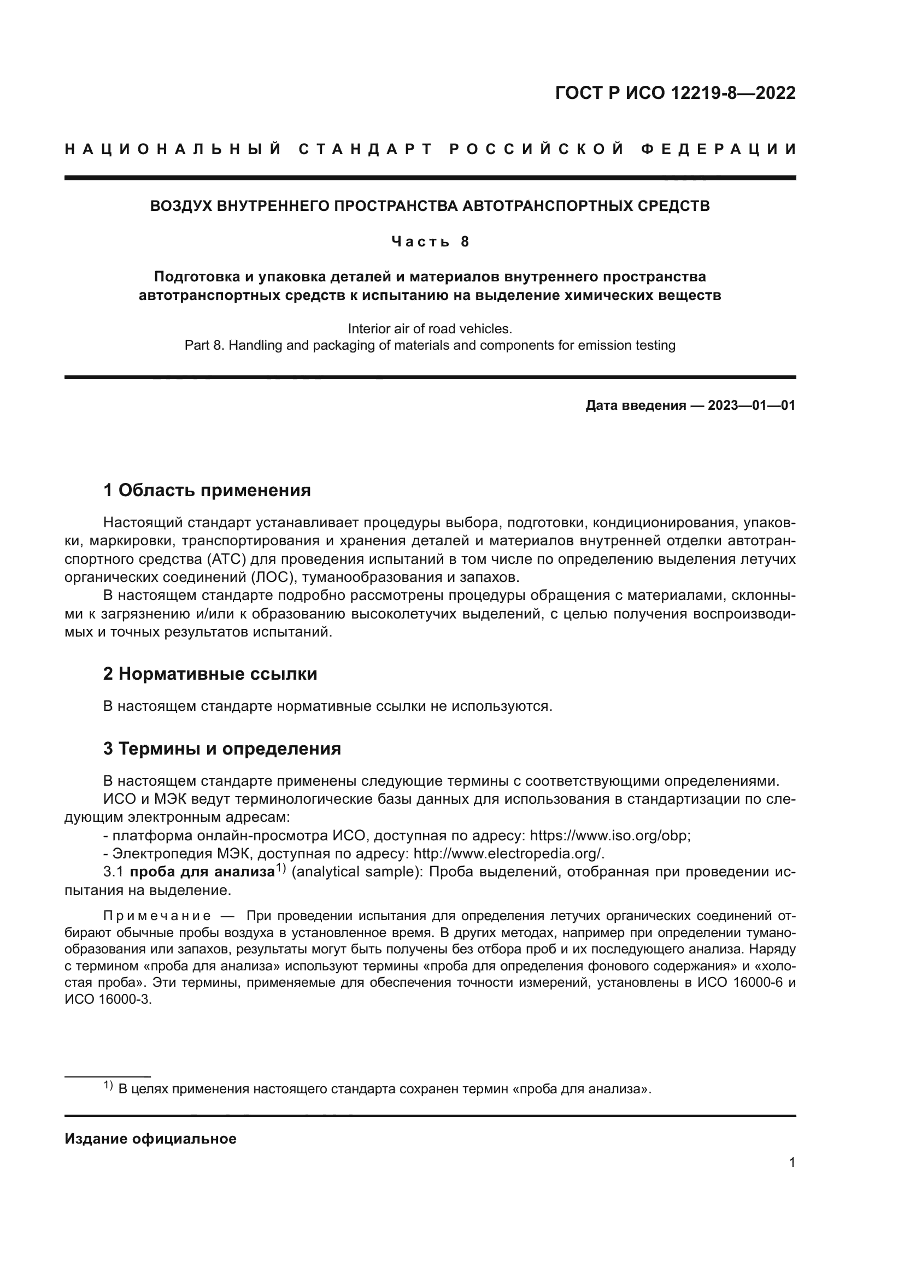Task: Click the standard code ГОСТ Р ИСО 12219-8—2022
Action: tap(675, 93)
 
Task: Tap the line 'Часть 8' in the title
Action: tap(430, 242)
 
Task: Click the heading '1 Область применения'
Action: tap(207, 490)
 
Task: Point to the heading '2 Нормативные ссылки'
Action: tap(210, 674)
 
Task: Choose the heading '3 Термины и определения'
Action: tap(221, 749)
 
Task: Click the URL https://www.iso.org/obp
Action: tap(609, 836)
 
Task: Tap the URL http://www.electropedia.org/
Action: tap(508, 854)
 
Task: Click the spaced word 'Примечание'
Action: tap(157, 916)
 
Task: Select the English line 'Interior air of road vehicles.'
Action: tap(430, 328)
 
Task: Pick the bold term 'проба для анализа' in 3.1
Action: tap(202, 872)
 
